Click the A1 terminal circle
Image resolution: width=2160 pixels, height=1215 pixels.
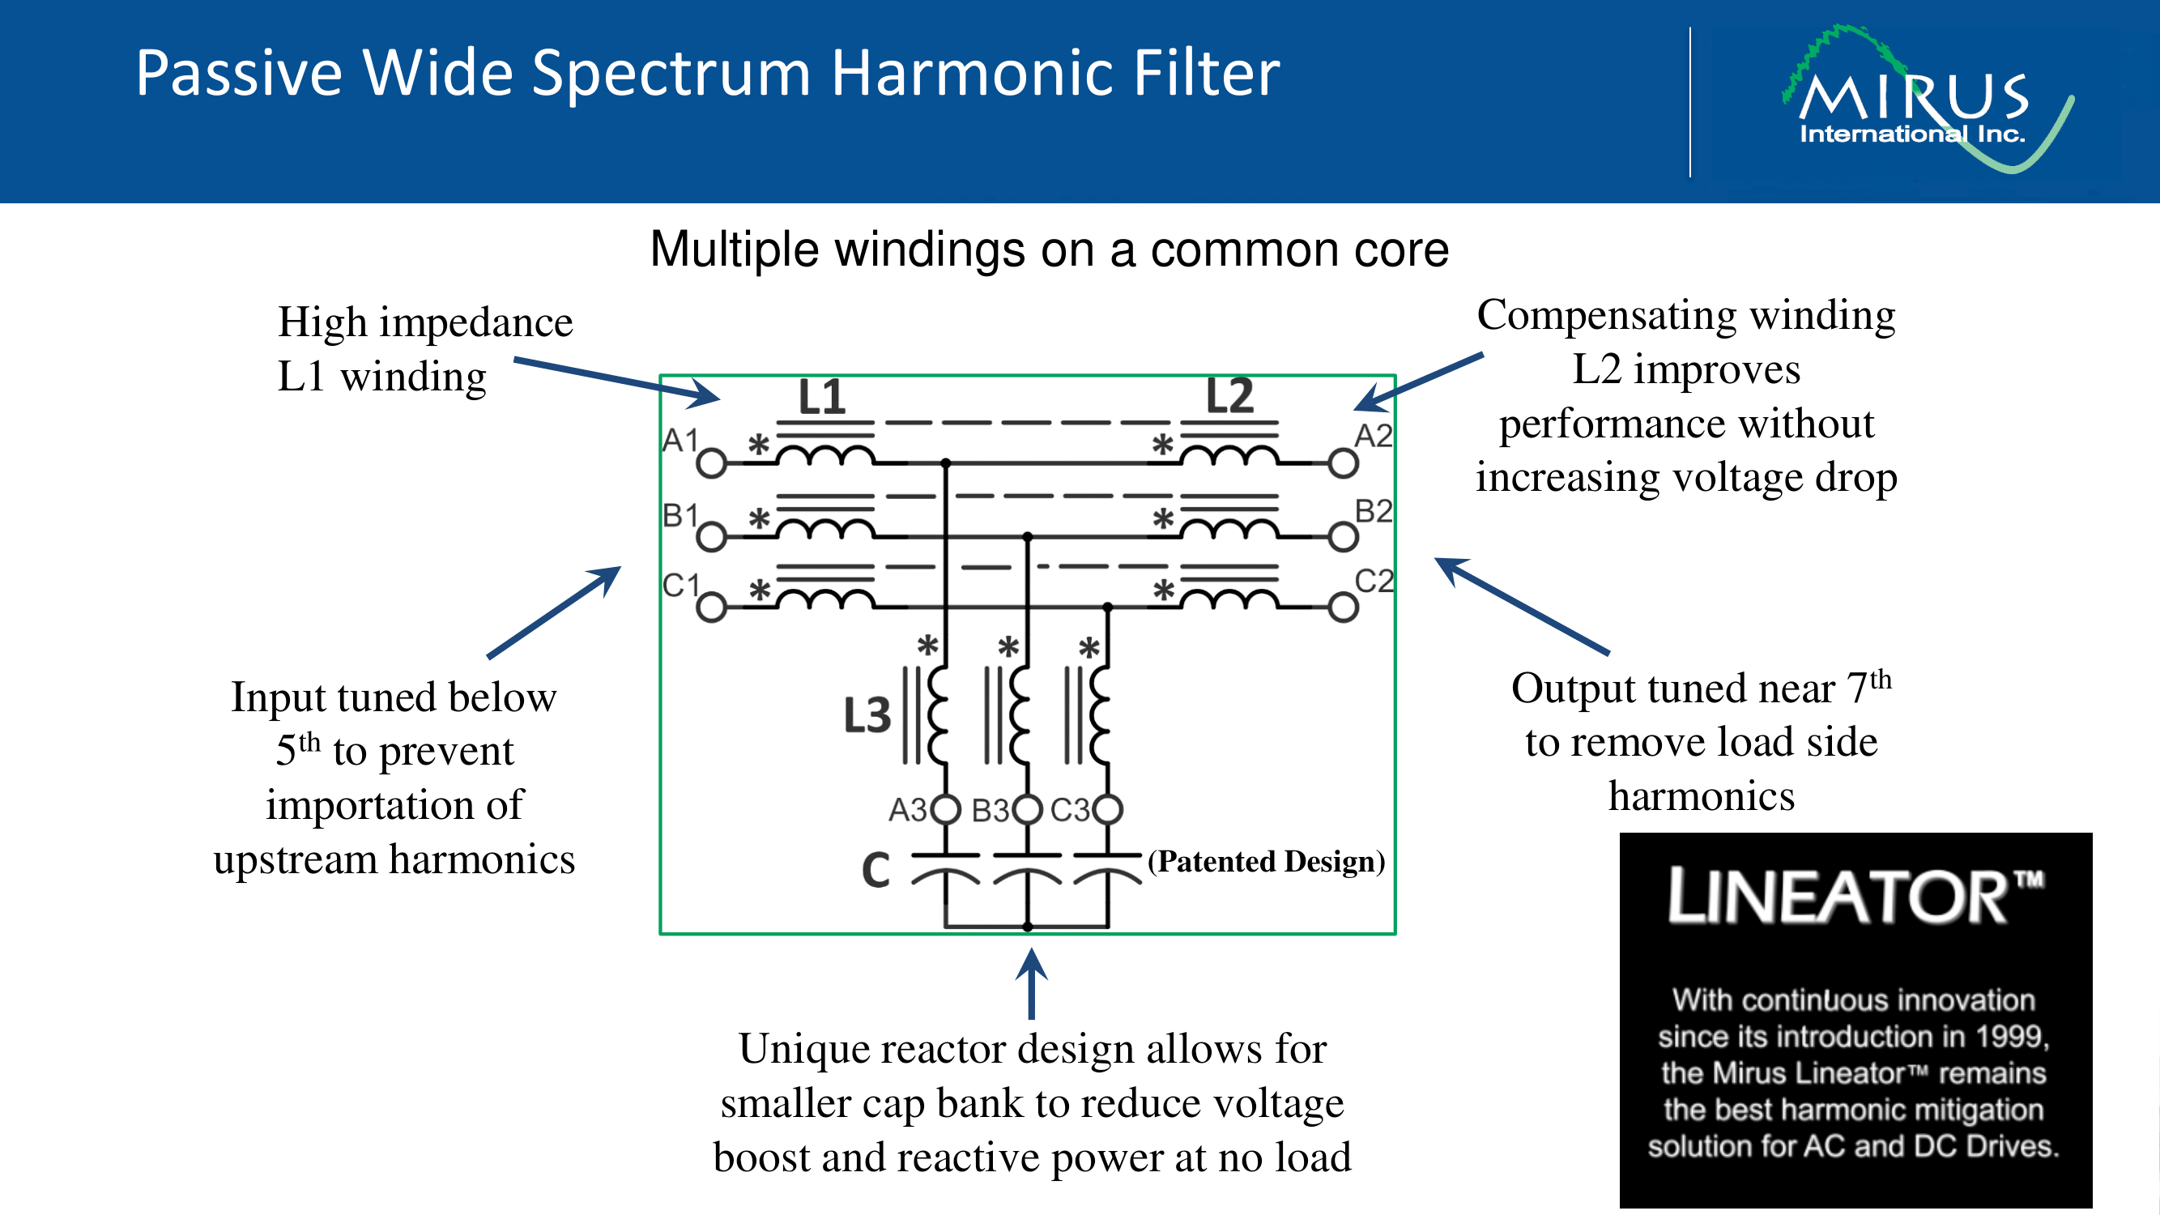(711, 462)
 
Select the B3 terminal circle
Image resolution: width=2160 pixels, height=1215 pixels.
(1027, 809)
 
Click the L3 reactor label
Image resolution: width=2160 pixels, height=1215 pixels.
(867, 715)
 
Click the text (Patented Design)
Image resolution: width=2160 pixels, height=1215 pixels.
(1266, 861)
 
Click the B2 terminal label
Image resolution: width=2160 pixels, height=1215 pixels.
(1374, 510)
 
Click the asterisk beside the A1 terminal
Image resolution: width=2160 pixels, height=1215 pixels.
(759, 445)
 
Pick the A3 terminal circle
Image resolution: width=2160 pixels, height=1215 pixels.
(946, 809)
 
